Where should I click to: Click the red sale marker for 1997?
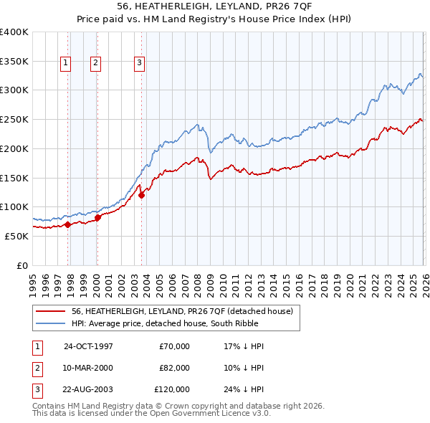(68, 224)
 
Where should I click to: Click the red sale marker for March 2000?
(97, 217)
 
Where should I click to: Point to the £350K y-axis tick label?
(14, 62)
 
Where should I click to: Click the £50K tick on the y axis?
(16, 236)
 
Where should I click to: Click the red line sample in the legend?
(51, 312)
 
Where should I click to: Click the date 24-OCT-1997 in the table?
(88, 346)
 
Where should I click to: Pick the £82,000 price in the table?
(174, 368)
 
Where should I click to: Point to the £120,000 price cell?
(173, 389)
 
